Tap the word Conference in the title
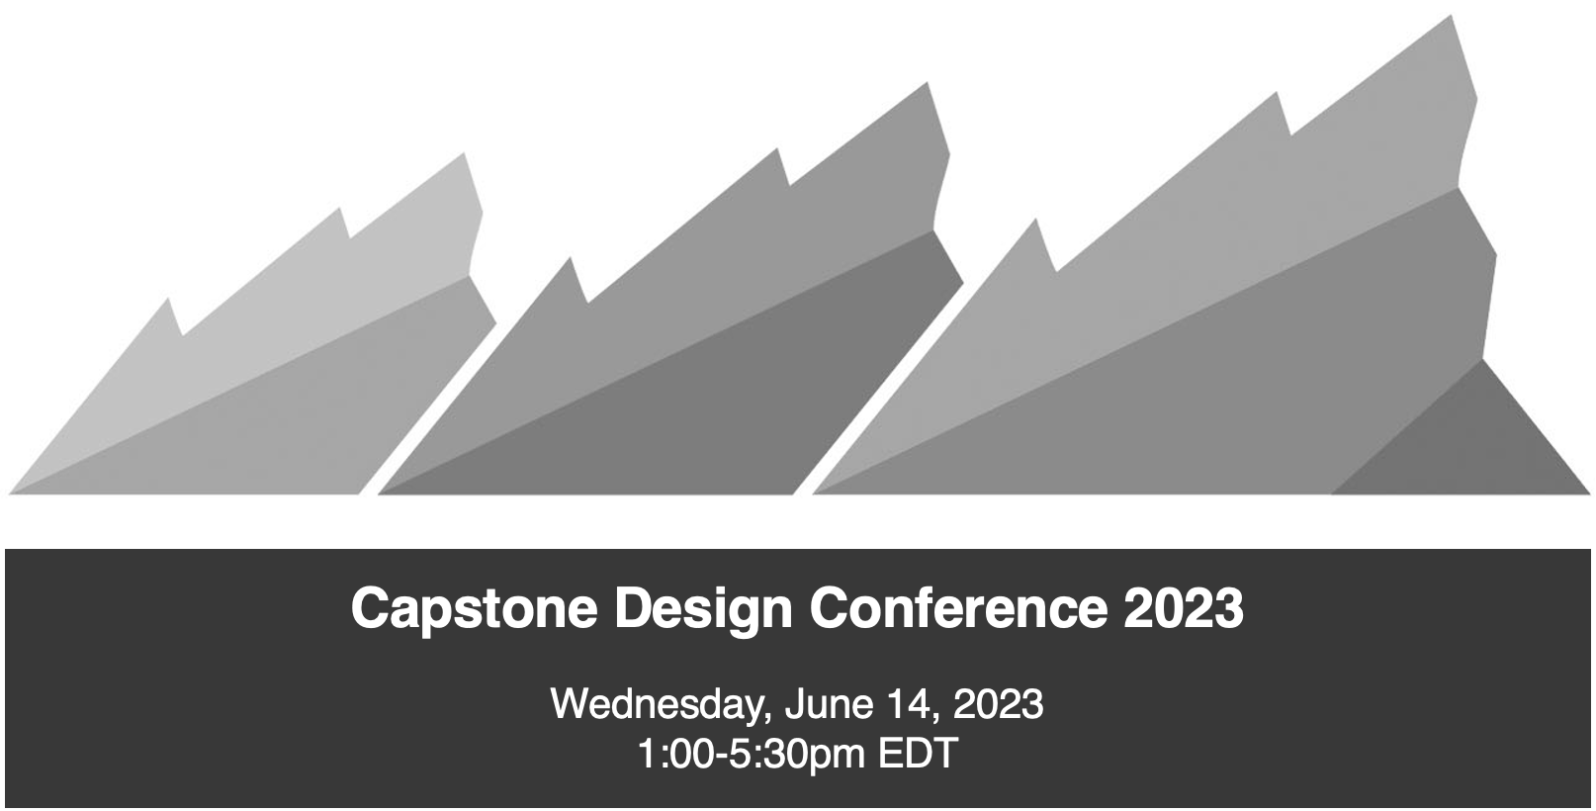click(959, 607)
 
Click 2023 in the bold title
click(1185, 607)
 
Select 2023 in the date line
click(998, 703)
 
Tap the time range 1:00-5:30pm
click(752, 755)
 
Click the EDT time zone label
click(918, 754)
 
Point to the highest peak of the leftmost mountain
click(465, 154)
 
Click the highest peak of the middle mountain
click(927, 83)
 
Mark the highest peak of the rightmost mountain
click(1452, 17)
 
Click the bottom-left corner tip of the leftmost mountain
click(9, 493)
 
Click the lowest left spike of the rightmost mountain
click(1034, 221)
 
